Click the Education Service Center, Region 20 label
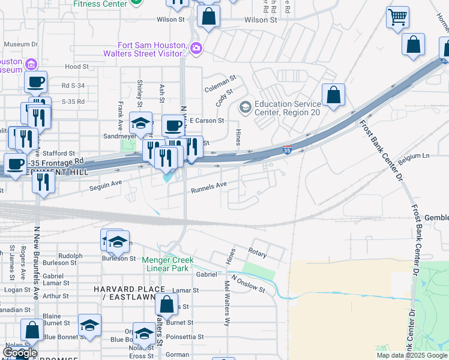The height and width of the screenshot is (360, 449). pyautogui.click(x=287, y=107)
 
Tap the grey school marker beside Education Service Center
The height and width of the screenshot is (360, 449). pyautogui.click(x=245, y=107)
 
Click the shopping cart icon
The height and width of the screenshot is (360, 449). pyautogui.click(x=397, y=19)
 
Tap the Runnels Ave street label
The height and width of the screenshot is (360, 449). pyautogui.click(x=209, y=189)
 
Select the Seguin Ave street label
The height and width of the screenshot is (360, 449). pyautogui.click(x=106, y=185)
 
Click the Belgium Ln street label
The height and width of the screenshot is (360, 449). pyautogui.click(x=418, y=157)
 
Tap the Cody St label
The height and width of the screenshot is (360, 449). pyautogui.click(x=224, y=98)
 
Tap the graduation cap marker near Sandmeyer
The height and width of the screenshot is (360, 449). pyautogui.click(x=140, y=124)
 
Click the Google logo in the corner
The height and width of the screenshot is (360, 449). pyautogui.click(x=20, y=353)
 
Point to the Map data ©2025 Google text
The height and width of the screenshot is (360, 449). pyautogui.click(x=412, y=355)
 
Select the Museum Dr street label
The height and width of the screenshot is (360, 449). pyautogui.click(x=21, y=44)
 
